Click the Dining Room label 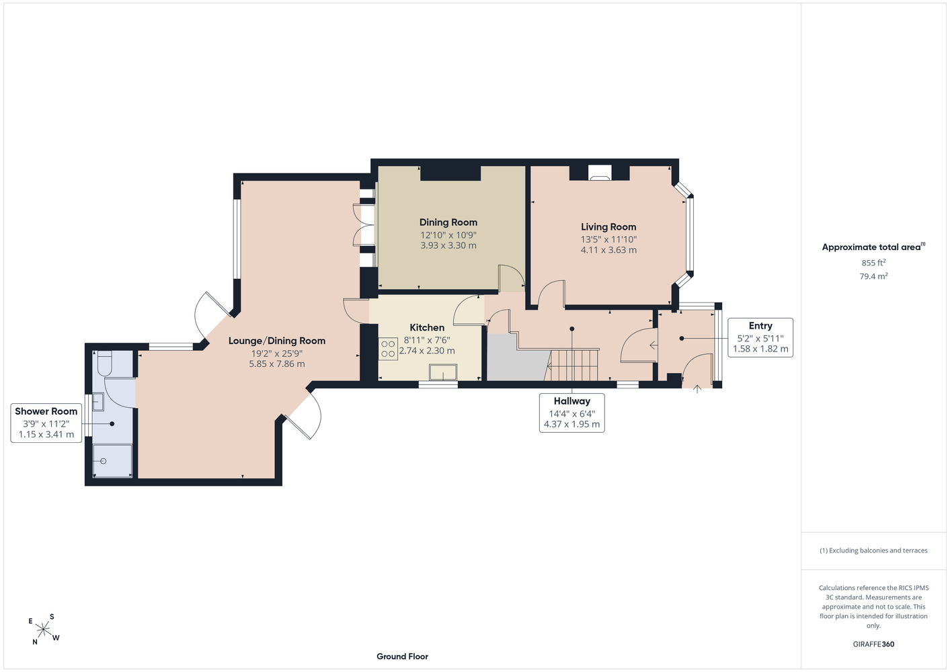pyautogui.click(x=448, y=222)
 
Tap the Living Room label pyautogui.click(x=608, y=227)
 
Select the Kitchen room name pyautogui.click(x=427, y=327)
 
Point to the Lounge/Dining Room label pyautogui.click(x=277, y=341)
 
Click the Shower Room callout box pyautogui.click(x=46, y=423)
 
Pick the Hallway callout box pyautogui.click(x=571, y=413)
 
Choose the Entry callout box pyautogui.click(x=760, y=337)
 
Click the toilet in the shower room pyautogui.click(x=104, y=363)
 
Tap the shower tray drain pyautogui.click(x=103, y=461)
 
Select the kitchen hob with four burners pyautogui.click(x=388, y=349)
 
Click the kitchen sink pyautogui.click(x=443, y=372)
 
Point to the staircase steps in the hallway pyautogui.click(x=571, y=365)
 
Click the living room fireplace pyautogui.click(x=599, y=173)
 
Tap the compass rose pyautogui.click(x=44, y=630)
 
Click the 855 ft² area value pyautogui.click(x=873, y=263)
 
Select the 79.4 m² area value pyautogui.click(x=873, y=276)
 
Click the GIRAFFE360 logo pyautogui.click(x=873, y=644)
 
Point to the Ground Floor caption pyautogui.click(x=402, y=657)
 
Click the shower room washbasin pyautogui.click(x=98, y=402)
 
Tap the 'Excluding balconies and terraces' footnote pyautogui.click(x=873, y=550)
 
